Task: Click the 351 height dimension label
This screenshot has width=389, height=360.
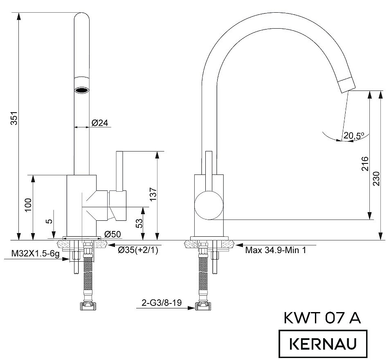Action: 14,118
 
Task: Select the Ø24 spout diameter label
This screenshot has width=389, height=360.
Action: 100,123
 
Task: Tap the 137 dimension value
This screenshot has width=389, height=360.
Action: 153,194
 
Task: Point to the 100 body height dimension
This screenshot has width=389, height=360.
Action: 28,205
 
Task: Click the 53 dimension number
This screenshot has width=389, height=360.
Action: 139,223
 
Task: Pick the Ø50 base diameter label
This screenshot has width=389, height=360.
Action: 112,234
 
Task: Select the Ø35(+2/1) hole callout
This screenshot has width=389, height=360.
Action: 138,250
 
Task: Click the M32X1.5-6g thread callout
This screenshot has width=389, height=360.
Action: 36,254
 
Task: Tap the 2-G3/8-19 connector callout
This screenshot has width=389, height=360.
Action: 162,303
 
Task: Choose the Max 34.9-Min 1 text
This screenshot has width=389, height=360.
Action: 275,250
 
